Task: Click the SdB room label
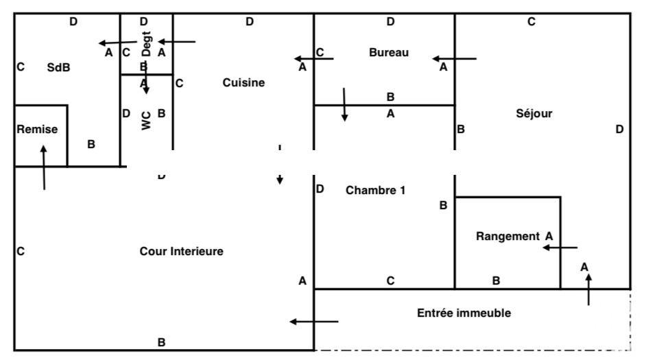tap(58, 67)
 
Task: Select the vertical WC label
tap(145, 121)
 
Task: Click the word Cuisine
tap(243, 82)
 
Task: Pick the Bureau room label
tap(388, 52)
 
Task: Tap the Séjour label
tap(534, 113)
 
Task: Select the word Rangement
tap(507, 236)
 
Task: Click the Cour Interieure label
tap(181, 251)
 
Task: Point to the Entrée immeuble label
tap(464, 313)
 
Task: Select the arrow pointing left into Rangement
tap(560, 248)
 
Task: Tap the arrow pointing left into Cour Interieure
tap(313, 321)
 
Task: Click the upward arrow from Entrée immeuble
tap(588, 288)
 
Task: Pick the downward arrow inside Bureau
tap(344, 104)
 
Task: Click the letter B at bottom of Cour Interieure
tap(162, 342)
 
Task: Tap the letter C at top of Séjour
tap(531, 22)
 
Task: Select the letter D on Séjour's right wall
tap(619, 129)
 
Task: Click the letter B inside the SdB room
tap(91, 144)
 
